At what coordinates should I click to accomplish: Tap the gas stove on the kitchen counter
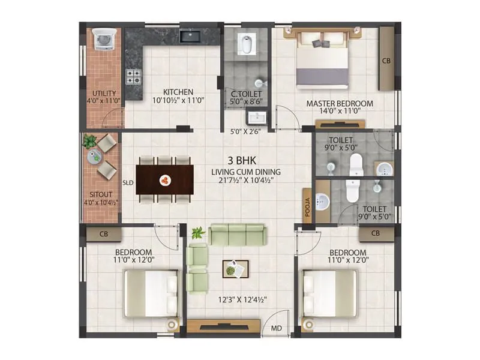coord(133,76)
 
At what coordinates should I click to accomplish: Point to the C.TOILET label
coord(246,94)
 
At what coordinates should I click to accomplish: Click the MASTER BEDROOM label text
coord(340,104)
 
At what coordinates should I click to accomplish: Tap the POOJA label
coord(307,206)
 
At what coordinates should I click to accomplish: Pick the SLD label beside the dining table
coord(128,182)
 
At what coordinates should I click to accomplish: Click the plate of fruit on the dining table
coord(164,179)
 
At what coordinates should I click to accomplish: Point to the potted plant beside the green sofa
coord(197,233)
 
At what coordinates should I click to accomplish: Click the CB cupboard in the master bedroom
coord(386,61)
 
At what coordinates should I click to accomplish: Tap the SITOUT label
coord(100,195)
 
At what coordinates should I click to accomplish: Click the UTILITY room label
coord(104,93)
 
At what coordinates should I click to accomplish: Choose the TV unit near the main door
coord(223,326)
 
